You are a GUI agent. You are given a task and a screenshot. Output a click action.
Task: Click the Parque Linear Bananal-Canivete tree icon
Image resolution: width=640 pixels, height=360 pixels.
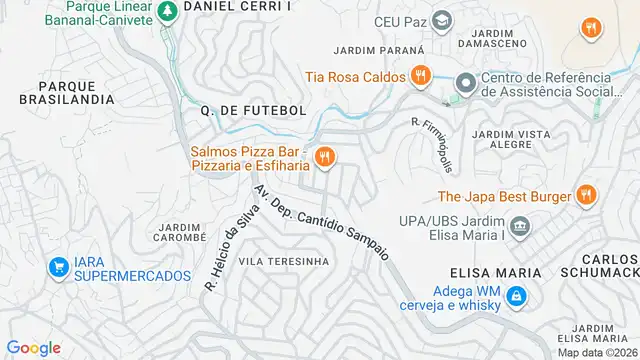click(167, 9)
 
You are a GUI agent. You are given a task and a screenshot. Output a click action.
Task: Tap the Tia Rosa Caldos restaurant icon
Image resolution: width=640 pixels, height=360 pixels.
click(421, 76)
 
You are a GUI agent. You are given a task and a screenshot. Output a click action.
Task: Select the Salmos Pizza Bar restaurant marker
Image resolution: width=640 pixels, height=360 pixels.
click(323, 157)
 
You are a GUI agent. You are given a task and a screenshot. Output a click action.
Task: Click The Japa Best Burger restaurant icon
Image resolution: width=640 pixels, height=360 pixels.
click(585, 196)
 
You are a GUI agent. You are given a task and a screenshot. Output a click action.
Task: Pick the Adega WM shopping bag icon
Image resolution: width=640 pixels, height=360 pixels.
click(516, 296)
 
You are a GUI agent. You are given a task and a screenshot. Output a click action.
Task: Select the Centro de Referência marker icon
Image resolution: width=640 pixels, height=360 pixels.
click(463, 84)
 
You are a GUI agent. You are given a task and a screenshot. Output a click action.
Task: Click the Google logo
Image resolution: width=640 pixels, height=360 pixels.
click(33, 347)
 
